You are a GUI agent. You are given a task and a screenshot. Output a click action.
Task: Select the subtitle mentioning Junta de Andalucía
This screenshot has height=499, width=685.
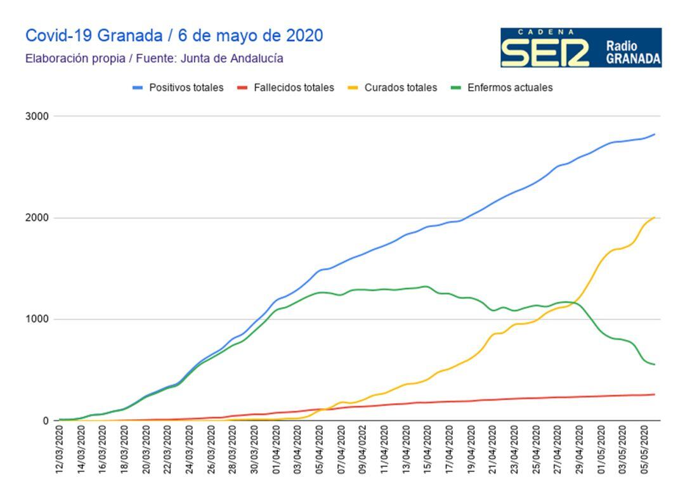154,59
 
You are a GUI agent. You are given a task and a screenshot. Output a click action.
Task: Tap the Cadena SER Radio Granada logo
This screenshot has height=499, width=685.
580,48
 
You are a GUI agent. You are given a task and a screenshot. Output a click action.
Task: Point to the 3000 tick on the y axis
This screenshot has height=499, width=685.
37,117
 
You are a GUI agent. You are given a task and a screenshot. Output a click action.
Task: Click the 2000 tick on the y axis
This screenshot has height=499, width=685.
37,218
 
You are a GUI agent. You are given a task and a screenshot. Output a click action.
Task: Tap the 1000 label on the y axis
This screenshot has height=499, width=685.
37,320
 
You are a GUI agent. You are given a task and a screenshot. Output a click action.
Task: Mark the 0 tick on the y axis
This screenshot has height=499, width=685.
45,421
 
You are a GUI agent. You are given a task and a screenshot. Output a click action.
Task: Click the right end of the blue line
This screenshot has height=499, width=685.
655,134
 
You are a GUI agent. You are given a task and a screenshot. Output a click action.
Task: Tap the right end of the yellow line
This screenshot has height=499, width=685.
655,217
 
